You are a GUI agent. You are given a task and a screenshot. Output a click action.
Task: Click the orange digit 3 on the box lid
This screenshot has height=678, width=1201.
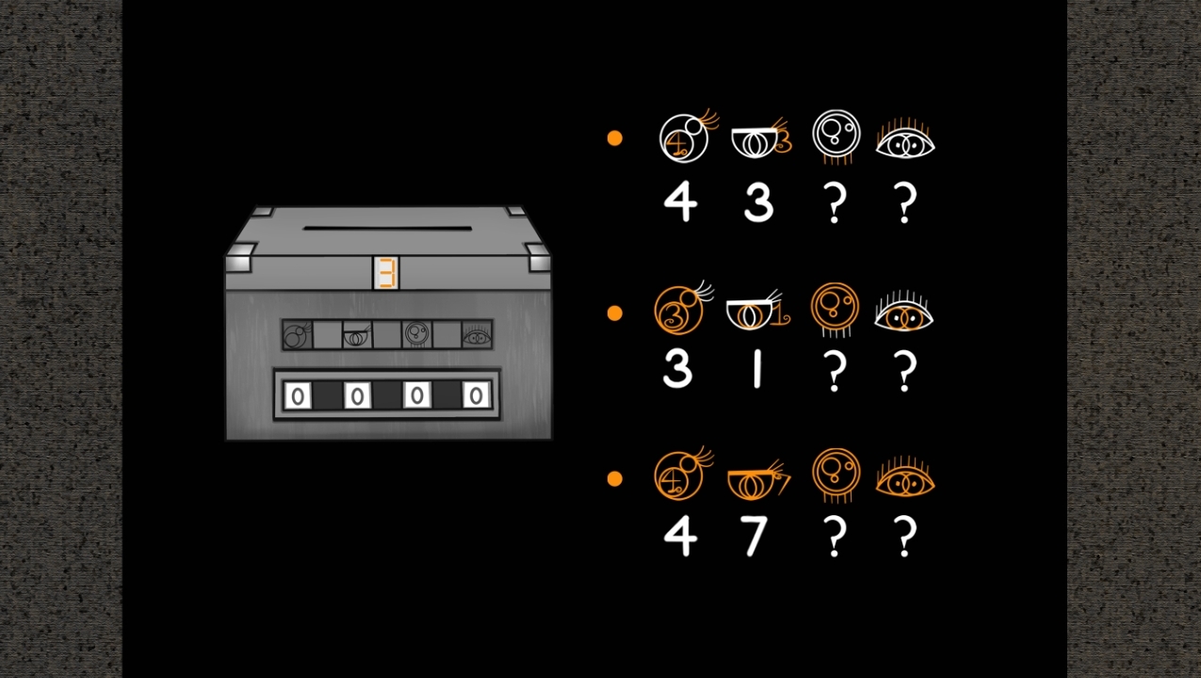pos(386,273)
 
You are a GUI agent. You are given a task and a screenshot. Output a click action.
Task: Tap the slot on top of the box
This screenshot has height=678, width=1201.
pos(387,228)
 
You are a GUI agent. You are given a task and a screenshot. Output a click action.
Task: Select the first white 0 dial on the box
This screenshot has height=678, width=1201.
pos(298,395)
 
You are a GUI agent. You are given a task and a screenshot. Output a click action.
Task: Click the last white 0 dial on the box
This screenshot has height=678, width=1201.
pos(476,395)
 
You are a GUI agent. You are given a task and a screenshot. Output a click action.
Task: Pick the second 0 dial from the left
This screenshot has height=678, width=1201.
pos(357,395)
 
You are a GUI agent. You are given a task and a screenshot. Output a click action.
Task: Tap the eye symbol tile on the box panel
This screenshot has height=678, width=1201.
pos(477,335)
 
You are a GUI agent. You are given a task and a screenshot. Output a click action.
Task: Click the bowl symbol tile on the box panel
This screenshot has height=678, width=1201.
pos(357,335)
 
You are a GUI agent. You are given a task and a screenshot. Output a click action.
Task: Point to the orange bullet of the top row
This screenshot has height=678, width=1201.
pos(615,138)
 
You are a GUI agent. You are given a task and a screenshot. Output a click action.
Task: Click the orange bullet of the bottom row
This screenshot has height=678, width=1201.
pos(615,478)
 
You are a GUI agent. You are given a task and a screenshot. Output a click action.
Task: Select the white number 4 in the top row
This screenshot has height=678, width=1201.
pos(680,202)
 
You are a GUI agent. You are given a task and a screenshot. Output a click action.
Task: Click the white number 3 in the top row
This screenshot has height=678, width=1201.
pos(758,202)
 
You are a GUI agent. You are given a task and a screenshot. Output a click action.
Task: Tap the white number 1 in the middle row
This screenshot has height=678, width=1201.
pos(757,370)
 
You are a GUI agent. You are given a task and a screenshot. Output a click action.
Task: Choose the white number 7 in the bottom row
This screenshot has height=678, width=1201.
pos(755,536)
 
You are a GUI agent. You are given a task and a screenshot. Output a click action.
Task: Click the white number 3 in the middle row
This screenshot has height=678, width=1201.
pos(677,370)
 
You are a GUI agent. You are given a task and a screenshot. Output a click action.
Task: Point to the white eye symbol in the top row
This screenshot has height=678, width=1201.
pos(905,141)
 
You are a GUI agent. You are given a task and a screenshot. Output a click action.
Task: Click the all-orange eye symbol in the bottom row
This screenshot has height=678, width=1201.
pos(905,478)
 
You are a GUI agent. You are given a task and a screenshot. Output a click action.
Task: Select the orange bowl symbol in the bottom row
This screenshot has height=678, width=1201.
pos(758,480)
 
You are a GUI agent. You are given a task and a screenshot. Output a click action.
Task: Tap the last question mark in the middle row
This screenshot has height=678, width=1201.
pos(905,371)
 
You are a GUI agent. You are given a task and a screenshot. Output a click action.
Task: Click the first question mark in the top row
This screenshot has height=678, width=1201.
pos(835,202)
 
